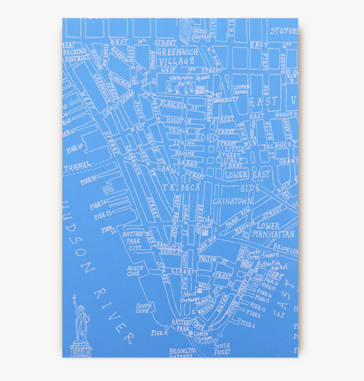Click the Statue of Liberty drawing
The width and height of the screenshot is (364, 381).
click(80, 326)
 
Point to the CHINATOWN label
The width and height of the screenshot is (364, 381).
click(233, 201)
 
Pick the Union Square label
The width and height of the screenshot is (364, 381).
click(200, 34)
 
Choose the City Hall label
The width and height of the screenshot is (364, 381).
click(207, 223)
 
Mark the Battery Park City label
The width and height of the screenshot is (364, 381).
click(133, 240)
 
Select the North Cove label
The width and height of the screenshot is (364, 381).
click(135, 271)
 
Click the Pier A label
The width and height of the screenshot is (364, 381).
click(160, 333)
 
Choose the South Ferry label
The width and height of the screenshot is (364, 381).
click(222, 348)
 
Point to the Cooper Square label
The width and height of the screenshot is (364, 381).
click(240, 89)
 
